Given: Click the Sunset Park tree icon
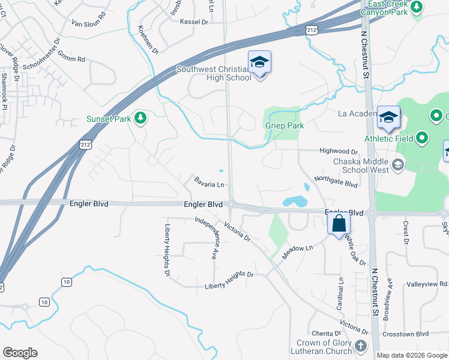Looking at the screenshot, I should tap(140, 117).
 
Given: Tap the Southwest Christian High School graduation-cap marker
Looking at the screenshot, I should tap(259, 63).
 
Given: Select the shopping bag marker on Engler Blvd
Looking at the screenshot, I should tap(339, 224).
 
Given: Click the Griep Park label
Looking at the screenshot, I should tap(285, 126).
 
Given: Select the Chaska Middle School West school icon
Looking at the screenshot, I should tap(397, 164).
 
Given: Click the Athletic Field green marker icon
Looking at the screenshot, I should tap(422, 139).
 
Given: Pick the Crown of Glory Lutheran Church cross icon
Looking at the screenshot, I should tap(360, 346).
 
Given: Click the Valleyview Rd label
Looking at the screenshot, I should tap(426, 284).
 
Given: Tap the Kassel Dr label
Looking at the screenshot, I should tap(193, 21).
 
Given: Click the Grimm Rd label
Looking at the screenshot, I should tap(73, 59).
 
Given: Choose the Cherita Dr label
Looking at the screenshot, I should tap(326, 334).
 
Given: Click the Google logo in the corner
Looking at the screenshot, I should tap(20, 353).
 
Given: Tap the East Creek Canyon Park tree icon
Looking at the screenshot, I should tap(417, 8).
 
